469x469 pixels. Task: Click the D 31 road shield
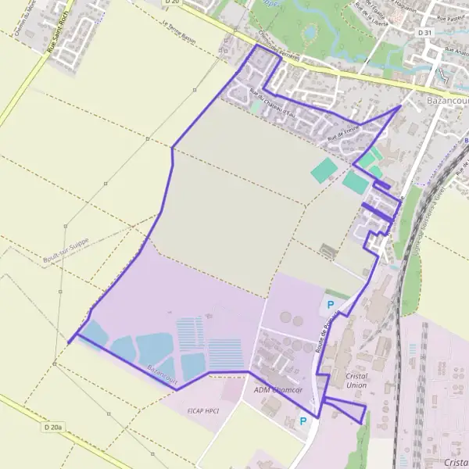point(424,32)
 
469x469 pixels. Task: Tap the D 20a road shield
point(53,428)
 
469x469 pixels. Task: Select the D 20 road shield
point(173,3)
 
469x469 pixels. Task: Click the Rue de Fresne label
point(344,134)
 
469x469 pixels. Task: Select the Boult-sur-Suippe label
point(68,245)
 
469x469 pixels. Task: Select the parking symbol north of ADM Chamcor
point(330,305)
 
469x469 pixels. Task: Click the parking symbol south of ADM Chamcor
point(304,421)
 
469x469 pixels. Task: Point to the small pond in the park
point(311,32)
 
